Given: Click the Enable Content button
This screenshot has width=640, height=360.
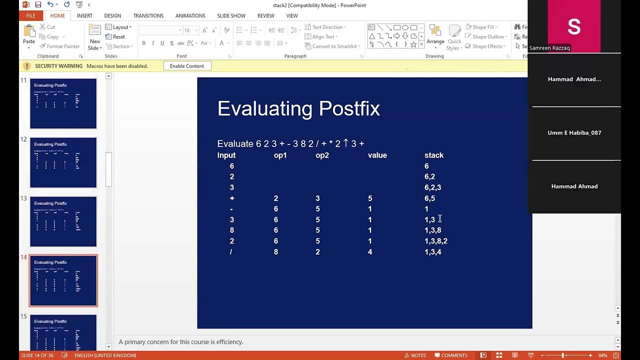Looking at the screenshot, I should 187,66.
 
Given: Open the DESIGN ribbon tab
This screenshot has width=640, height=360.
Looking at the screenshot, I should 112,16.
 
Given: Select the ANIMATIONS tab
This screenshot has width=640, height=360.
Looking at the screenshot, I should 190,16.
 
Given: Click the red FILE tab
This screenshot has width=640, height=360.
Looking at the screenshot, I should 30,16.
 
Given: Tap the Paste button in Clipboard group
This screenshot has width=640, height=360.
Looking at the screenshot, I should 29,36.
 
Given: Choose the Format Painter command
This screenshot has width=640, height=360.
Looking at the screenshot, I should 59,46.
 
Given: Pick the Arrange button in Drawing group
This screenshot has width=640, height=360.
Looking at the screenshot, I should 435,36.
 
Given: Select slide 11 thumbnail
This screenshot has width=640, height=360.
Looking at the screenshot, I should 63,103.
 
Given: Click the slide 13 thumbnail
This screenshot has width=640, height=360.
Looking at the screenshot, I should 63,221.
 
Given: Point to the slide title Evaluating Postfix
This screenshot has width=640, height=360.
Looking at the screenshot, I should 298,108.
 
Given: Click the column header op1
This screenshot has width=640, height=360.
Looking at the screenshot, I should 280,155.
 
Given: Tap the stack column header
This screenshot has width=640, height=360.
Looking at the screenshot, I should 434,155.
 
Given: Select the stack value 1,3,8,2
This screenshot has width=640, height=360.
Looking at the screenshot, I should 436,241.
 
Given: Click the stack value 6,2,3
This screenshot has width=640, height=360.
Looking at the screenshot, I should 433,187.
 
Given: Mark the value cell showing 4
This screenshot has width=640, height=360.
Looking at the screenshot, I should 370,252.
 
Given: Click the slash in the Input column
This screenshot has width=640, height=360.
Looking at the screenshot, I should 231,252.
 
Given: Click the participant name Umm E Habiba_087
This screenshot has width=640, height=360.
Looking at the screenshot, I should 574,133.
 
